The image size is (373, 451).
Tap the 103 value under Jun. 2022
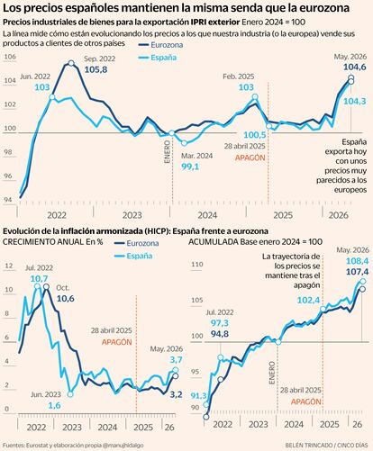42,87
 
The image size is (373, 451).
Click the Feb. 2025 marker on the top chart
255,96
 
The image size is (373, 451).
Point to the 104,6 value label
355,67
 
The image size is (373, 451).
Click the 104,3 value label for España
355,102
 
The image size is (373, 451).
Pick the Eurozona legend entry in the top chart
161,45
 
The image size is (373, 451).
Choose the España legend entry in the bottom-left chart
134,256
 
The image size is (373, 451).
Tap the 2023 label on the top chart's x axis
132,215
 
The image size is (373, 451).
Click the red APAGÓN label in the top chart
250,158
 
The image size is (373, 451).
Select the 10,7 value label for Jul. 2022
39,279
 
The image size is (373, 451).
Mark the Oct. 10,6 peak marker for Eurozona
46,287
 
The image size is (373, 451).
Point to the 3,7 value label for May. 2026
176,359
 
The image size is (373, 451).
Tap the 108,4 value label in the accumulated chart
358,261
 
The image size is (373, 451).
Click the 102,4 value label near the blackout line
308,300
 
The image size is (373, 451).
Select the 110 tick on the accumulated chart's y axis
197,265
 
